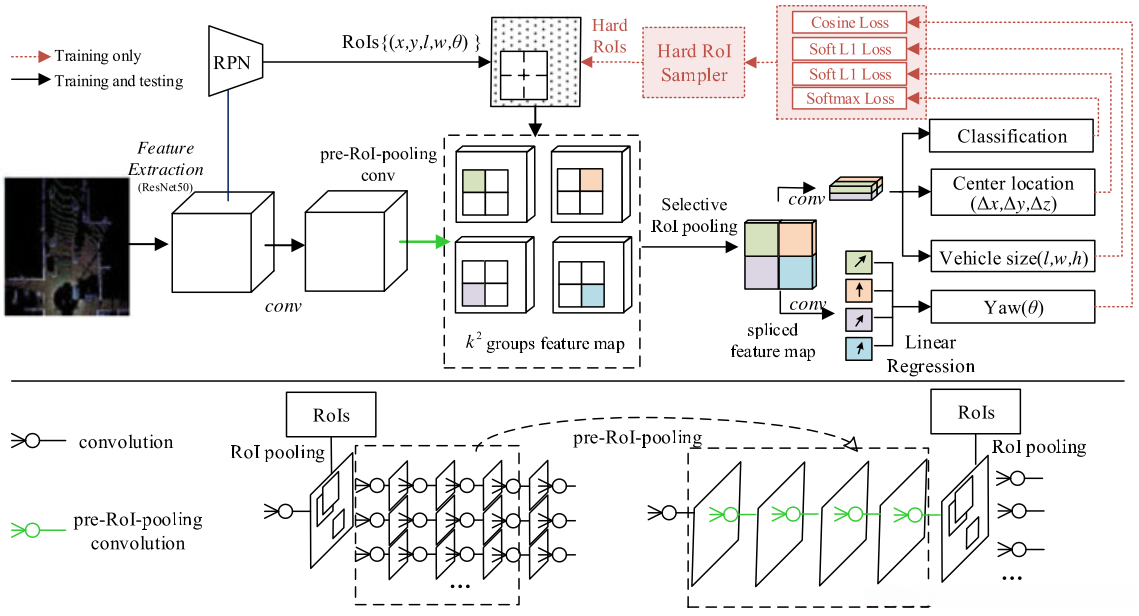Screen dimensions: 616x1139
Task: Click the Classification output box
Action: click(1012, 136)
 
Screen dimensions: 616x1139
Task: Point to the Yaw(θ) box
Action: click(1012, 306)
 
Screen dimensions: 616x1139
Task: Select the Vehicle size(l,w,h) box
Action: click(1012, 259)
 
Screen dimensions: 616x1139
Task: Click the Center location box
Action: click(1012, 193)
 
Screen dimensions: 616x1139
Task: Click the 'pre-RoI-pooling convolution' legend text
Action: click(138, 531)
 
